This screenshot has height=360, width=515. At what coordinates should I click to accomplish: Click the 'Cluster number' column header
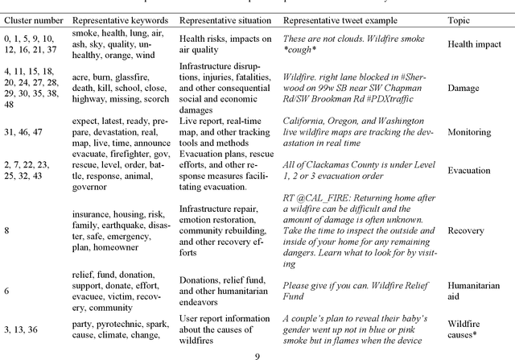pos(31,19)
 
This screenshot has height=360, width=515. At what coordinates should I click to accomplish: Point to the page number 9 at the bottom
pos(257,354)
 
